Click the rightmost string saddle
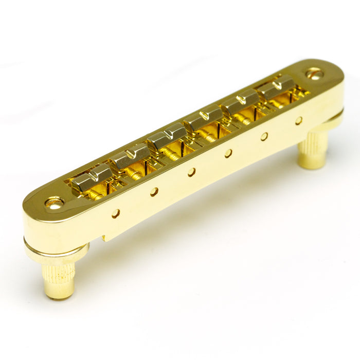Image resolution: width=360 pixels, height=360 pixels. point(276,86)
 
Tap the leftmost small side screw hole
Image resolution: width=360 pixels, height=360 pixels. point(116,213)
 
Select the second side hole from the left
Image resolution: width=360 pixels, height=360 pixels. point(154,192)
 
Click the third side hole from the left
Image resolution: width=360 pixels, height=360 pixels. point(191,172)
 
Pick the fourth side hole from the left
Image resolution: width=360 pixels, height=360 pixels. point(228,153)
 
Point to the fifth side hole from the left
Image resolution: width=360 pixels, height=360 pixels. point(264,136)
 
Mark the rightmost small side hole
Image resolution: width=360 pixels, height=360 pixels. point(299,121)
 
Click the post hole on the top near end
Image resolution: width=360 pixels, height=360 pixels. point(55,203)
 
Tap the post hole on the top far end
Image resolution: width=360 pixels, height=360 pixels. point(314,74)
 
